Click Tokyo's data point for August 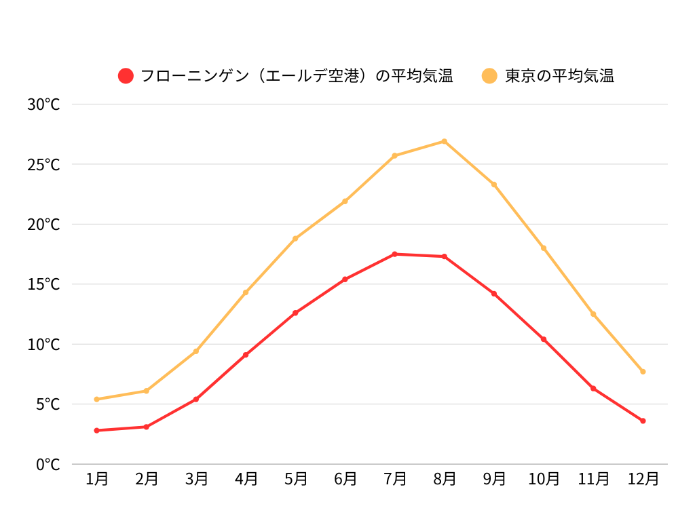[445, 141]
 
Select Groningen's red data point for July [395, 254]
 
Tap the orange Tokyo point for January [97, 399]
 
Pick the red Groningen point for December [643, 421]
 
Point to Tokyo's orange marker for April [246, 292]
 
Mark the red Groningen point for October [544, 339]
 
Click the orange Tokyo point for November [593, 314]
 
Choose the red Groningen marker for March [196, 399]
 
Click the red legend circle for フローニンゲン [126, 76]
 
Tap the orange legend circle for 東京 [489, 76]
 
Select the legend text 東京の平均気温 [559, 76]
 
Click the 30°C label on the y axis [44, 104]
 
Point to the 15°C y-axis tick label [44, 284]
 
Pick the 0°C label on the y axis [48, 465]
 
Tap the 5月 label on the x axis [295, 479]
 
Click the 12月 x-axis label [643, 479]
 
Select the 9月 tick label [494, 479]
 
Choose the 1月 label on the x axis [97, 479]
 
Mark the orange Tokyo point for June [345, 201]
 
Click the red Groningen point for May [295, 313]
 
